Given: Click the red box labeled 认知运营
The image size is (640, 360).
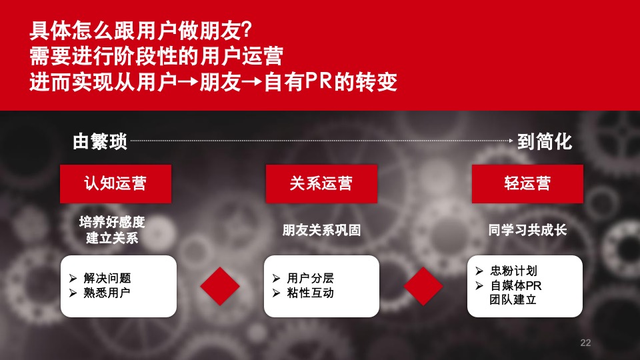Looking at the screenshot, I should (115, 183).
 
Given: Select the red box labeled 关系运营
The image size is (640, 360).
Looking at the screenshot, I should (321, 183).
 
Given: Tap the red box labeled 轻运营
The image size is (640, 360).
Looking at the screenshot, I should (527, 183).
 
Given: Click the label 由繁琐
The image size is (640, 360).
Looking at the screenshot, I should (99, 141).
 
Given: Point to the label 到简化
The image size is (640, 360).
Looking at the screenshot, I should (545, 141).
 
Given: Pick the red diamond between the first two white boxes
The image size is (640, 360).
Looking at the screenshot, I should (220, 286).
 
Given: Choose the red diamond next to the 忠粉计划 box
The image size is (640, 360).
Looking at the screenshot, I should (423, 286).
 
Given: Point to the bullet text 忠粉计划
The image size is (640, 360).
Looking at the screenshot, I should (513, 271).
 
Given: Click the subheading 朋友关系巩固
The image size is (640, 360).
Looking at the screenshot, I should (321, 230).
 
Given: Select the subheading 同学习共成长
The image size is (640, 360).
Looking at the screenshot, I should (527, 230).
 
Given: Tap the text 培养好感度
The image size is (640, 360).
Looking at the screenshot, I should (112, 222).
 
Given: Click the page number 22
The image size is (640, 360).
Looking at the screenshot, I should (585, 343).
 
